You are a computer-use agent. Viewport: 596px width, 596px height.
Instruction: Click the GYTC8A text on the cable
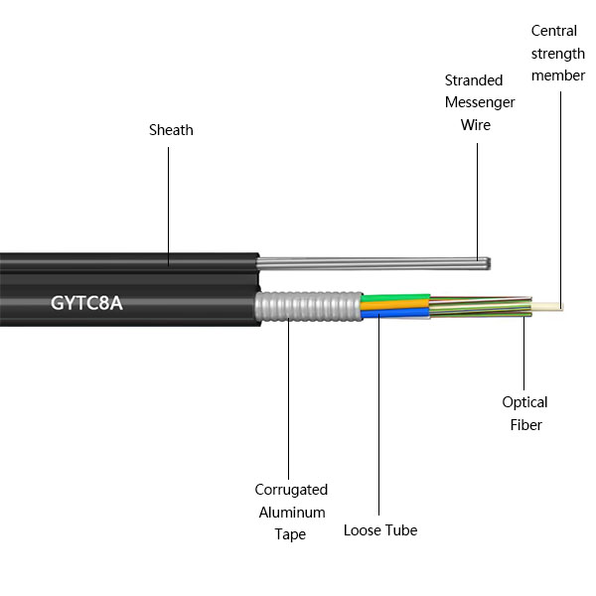(x=86, y=302)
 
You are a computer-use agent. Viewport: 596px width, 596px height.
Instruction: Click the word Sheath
(x=171, y=130)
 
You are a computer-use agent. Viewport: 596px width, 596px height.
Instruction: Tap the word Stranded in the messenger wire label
(x=474, y=80)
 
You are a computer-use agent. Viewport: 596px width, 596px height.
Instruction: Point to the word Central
(x=554, y=32)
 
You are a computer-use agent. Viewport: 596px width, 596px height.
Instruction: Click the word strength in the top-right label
(x=557, y=54)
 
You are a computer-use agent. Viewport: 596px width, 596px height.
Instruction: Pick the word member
(x=558, y=75)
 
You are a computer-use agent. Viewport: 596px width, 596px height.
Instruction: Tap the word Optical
(x=524, y=402)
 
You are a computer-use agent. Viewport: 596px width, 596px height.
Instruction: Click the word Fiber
(x=524, y=424)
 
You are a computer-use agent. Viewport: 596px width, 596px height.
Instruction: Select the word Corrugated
(x=291, y=490)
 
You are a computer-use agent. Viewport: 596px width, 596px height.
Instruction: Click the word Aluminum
(x=291, y=512)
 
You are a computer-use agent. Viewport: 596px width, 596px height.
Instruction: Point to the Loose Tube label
(x=380, y=530)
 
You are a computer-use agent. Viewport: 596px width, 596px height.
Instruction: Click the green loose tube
(x=394, y=297)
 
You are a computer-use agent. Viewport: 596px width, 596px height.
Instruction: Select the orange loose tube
(x=394, y=305)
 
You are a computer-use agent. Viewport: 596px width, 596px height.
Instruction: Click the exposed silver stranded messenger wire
(x=377, y=263)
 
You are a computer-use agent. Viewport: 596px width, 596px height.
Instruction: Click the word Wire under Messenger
(x=475, y=125)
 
